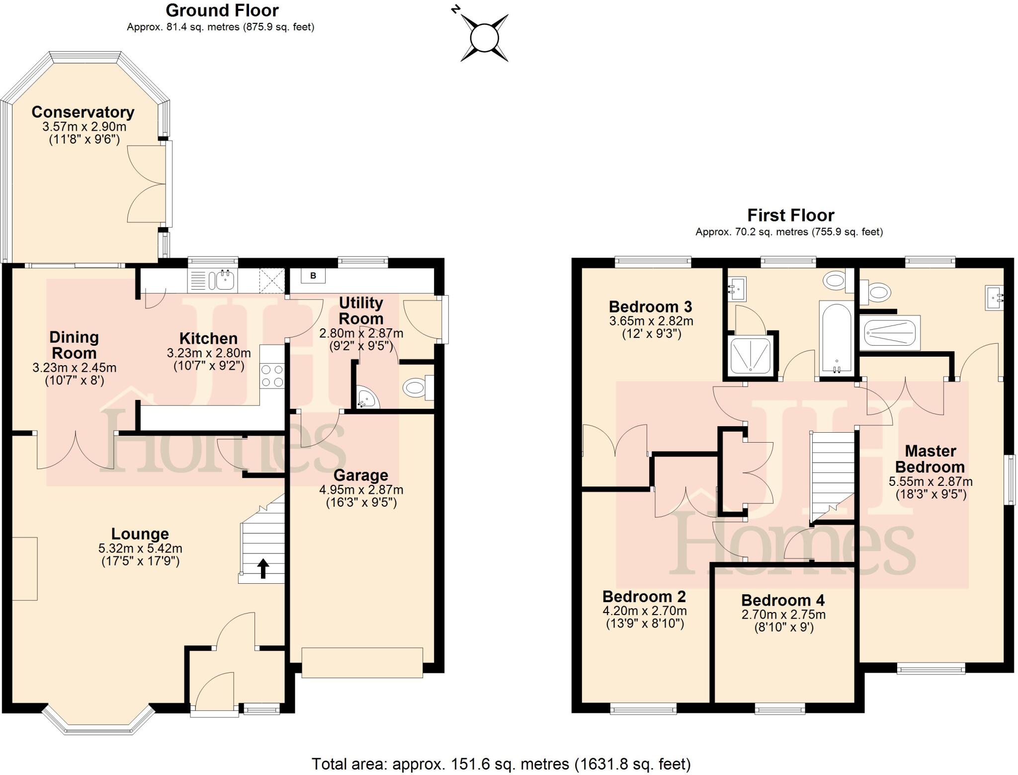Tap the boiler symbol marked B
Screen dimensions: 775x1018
(x=313, y=276)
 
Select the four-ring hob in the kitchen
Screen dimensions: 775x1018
(x=272, y=376)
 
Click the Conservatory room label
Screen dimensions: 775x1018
(x=83, y=112)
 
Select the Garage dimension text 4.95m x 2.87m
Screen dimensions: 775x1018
(x=361, y=490)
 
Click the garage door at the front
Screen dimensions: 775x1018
(x=362, y=663)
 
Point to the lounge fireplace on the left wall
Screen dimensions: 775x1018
(x=24, y=569)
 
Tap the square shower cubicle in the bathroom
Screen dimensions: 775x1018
(x=750, y=355)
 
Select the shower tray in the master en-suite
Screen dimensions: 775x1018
(x=890, y=332)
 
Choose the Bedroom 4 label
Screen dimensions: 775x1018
(x=783, y=600)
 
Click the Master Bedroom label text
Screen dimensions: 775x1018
(x=930, y=459)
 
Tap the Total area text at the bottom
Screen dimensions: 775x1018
(x=501, y=764)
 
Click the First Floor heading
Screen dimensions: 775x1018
(x=790, y=215)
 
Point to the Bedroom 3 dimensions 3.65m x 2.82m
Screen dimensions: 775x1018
(x=651, y=321)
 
